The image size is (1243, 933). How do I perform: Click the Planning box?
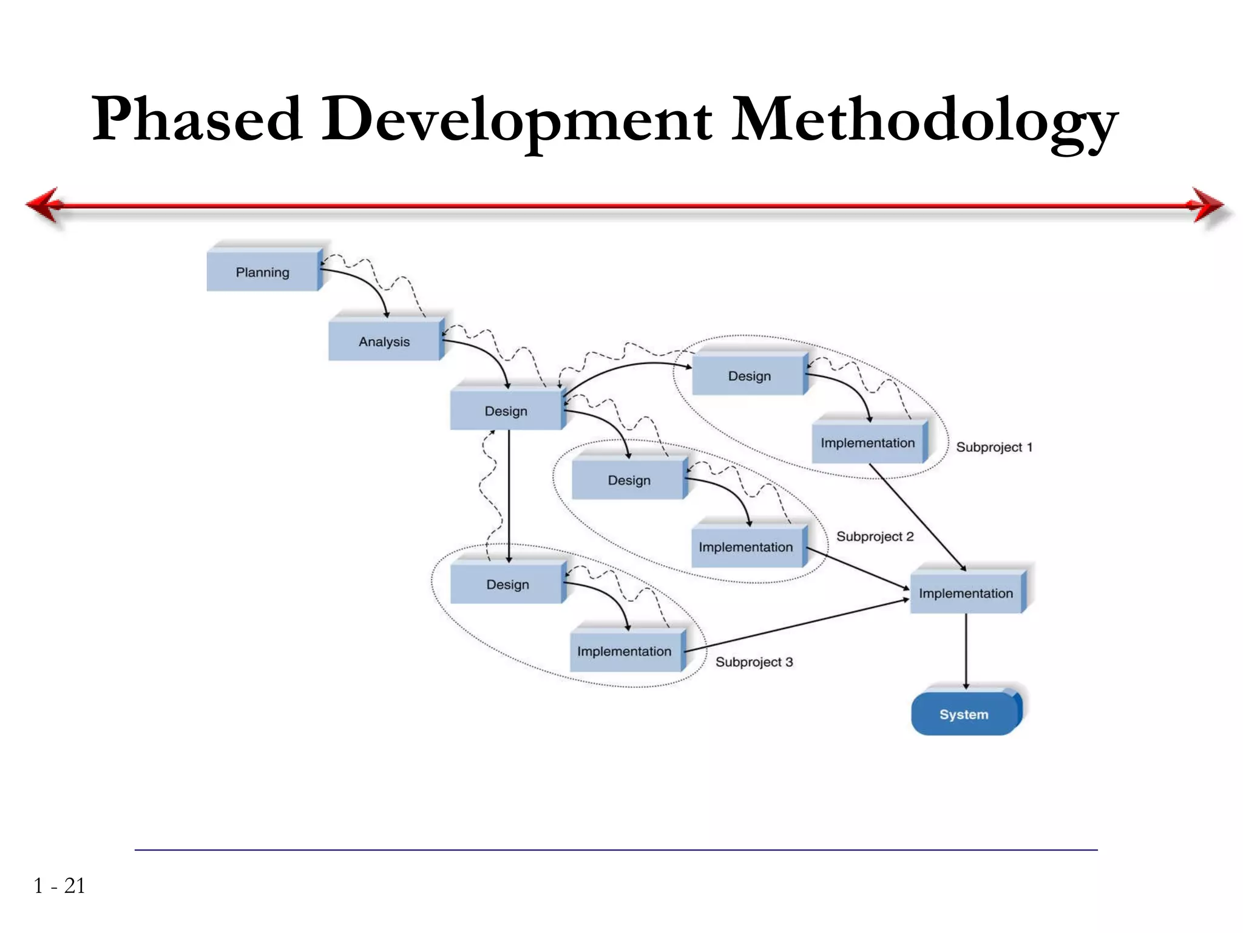pyautogui.click(x=262, y=272)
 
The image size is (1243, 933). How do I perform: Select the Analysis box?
pyautogui.click(x=384, y=341)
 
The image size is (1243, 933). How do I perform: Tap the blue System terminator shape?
pyautogui.click(x=964, y=714)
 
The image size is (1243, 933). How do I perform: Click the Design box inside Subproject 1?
pyautogui.click(x=749, y=376)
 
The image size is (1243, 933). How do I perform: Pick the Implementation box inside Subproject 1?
pyautogui.click(x=867, y=443)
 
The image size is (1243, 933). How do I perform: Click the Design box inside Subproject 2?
pyautogui.click(x=629, y=480)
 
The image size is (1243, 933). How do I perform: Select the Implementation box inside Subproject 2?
pyautogui.click(x=745, y=547)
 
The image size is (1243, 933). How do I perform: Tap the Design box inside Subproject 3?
pyautogui.click(x=507, y=584)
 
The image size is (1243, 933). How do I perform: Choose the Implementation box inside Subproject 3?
pyautogui.click(x=624, y=651)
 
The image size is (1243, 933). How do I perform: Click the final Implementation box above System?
pyautogui.click(x=966, y=593)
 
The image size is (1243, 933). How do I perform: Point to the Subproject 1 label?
pyautogui.click(x=994, y=447)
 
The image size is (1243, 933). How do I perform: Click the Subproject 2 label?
pyautogui.click(x=875, y=536)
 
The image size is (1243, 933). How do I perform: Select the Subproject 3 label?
pyautogui.click(x=754, y=662)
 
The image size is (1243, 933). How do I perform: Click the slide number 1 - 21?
pyautogui.click(x=59, y=886)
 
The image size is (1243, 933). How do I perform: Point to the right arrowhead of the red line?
pyautogui.click(x=1208, y=205)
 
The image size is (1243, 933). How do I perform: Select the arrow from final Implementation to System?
pyautogui.click(x=966, y=650)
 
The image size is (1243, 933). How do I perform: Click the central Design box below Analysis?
pyautogui.click(x=506, y=411)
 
